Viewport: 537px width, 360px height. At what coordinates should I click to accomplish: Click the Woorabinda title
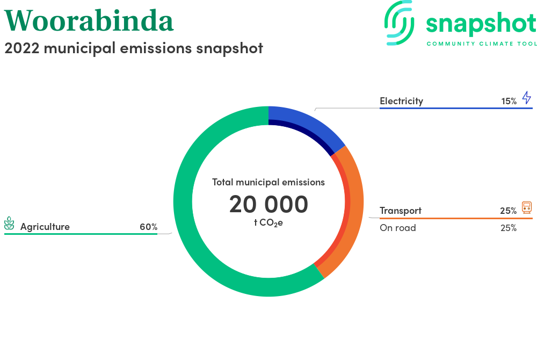click(89, 21)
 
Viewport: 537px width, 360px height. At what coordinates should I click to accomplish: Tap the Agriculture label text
click(45, 227)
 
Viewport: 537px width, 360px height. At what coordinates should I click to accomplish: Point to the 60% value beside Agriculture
click(149, 227)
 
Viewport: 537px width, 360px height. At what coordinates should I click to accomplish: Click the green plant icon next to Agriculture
click(9, 224)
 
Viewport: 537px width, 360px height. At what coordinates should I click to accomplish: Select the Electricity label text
click(401, 101)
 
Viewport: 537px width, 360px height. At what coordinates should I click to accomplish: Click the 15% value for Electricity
click(509, 102)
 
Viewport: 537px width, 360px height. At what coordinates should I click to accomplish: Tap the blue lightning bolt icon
click(527, 98)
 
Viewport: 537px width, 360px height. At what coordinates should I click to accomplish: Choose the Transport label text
click(401, 211)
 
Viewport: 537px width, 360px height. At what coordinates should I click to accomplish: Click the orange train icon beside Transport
click(527, 207)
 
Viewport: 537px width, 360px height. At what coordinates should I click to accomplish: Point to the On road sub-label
click(398, 228)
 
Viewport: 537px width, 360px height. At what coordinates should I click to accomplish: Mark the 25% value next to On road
click(509, 228)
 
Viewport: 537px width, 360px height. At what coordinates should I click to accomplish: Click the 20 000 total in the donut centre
click(268, 204)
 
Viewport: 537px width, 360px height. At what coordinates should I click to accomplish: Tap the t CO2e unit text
click(268, 222)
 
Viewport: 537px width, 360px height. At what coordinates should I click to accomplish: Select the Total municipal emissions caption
click(268, 182)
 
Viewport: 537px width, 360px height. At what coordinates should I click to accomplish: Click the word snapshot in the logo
click(481, 24)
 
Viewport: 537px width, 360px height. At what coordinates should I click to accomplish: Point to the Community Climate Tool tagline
click(482, 44)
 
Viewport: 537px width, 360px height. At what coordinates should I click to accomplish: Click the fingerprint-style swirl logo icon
click(399, 23)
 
